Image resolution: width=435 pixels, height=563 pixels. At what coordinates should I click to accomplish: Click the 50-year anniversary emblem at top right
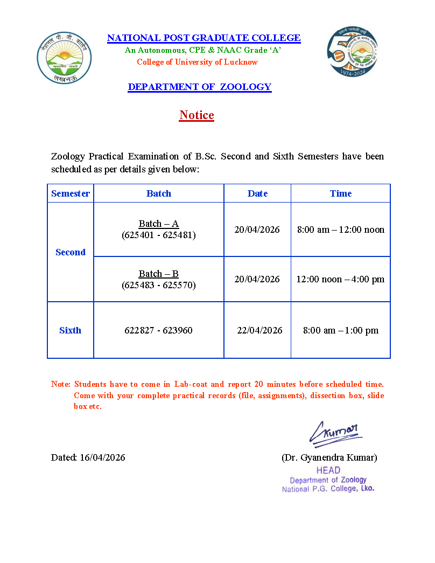pos(353,52)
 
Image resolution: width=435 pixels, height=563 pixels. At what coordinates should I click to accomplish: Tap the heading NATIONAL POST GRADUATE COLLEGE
pos(204,38)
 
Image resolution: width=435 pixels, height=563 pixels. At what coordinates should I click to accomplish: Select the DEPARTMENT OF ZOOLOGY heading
pos(199,87)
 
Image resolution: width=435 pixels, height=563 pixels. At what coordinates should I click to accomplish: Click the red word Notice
pos(197,115)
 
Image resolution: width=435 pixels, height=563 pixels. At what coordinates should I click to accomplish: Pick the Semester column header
pos(71,193)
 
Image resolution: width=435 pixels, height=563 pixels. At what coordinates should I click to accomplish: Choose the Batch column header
pos(159,193)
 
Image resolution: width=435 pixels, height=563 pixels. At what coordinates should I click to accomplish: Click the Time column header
pos(341,193)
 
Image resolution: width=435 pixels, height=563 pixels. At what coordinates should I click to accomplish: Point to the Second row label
pos(71,252)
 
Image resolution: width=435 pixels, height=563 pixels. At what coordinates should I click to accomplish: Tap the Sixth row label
pos(71,330)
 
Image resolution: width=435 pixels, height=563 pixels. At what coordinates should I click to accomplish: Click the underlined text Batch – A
pos(159,224)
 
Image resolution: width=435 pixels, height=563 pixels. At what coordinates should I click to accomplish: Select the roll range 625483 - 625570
pos(159,285)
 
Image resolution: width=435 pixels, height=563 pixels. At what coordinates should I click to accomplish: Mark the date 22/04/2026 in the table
pos(259,330)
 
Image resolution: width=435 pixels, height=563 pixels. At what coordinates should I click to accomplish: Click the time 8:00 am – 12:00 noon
pos(341,230)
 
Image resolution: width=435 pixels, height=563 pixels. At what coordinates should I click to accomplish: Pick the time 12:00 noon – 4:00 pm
pos(341,279)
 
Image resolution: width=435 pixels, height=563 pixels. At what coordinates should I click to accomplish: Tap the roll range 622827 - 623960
pos(158,330)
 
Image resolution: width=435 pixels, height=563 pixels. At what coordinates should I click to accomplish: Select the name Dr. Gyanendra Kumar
pos(329,457)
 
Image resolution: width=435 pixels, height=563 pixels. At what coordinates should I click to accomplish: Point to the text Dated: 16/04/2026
pos(88,457)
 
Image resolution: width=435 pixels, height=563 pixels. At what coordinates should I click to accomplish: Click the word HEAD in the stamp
pos(328,470)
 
